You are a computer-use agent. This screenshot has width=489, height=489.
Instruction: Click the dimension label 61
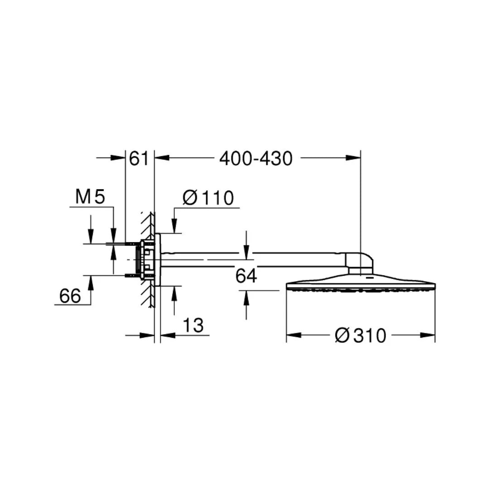(x=139, y=158)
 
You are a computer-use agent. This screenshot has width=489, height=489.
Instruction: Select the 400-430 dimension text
(x=256, y=158)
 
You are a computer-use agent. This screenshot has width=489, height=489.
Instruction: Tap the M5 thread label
(x=90, y=197)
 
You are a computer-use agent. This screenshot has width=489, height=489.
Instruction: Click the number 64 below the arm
(x=246, y=276)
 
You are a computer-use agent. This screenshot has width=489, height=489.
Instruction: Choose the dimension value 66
(x=70, y=296)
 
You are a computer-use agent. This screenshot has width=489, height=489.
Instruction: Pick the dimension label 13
(x=193, y=325)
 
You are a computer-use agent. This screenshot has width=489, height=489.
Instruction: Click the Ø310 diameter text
(x=360, y=336)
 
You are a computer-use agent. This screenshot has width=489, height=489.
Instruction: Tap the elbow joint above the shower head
(x=360, y=263)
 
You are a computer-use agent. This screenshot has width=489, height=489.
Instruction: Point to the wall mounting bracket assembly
(x=148, y=259)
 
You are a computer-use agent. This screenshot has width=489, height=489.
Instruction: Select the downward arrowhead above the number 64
(x=246, y=254)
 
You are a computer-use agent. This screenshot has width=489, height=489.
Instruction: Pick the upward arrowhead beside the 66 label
(x=91, y=282)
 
